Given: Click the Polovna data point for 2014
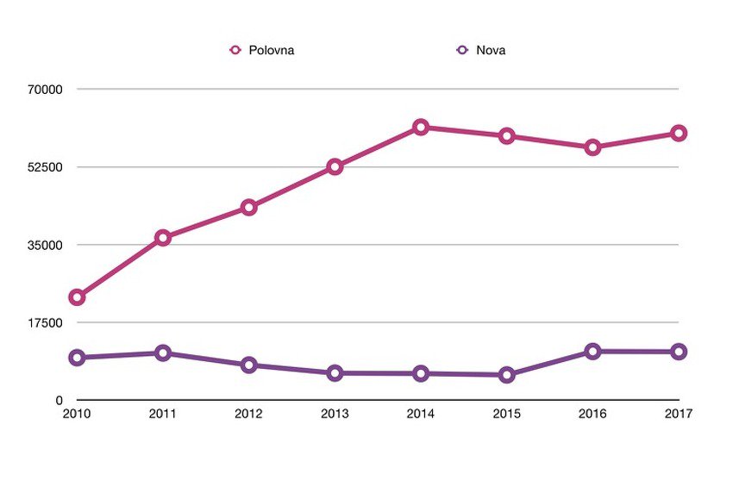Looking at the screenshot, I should tap(421, 128).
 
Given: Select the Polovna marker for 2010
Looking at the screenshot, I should tap(77, 297).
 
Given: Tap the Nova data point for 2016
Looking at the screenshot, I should tap(592, 352).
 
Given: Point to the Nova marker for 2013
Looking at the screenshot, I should tap(335, 373).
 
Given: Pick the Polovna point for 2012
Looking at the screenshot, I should tap(249, 208).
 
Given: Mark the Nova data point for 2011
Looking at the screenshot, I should tap(163, 353).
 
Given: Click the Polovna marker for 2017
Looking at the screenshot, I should tap(679, 133).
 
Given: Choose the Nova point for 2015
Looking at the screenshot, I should tap(507, 375).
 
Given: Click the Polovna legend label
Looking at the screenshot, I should tap(272, 50).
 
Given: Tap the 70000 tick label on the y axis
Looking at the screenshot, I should tap(47, 90).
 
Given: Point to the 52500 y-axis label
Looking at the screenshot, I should tap(47, 167).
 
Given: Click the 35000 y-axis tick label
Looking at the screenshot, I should tap(47, 245).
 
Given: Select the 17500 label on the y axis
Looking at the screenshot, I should tap(47, 322).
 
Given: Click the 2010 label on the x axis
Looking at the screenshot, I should tap(77, 415).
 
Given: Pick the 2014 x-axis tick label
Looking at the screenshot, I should tap(421, 415).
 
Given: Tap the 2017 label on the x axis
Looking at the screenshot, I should tap(679, 415).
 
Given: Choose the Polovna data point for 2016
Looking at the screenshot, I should tap(592, 147).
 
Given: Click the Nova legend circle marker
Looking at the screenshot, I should tap(462, 50).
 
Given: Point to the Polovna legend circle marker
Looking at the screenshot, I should tap(235, 50).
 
